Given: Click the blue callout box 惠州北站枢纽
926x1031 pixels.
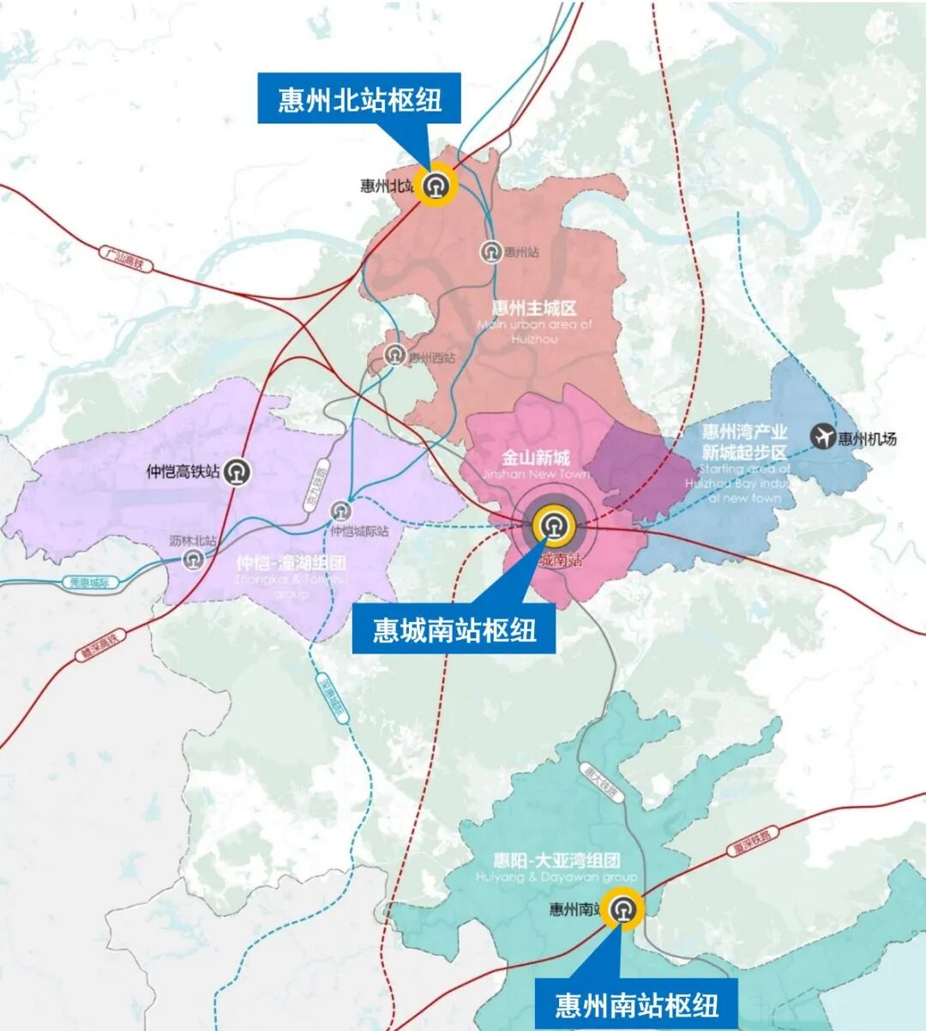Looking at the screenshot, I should click(360, 99).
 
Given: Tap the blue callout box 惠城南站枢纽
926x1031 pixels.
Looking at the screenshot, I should click(454, 630).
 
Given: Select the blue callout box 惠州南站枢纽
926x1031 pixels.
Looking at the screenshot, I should click(636, 1004).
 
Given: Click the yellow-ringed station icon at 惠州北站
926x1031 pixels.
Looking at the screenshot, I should click(436, 184).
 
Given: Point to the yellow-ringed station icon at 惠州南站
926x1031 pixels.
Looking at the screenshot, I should click(622, 909).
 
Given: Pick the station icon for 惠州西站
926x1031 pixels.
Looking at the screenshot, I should click(394, 354).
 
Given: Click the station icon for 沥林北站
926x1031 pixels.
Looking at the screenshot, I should click(194, 560).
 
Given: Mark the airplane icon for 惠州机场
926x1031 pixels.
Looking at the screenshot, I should click(823, 437).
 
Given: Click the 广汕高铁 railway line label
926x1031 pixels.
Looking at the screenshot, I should click(126, 258).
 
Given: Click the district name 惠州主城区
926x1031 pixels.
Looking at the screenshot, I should click(533, 308).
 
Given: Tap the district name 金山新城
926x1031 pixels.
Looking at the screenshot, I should click(535, 457).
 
